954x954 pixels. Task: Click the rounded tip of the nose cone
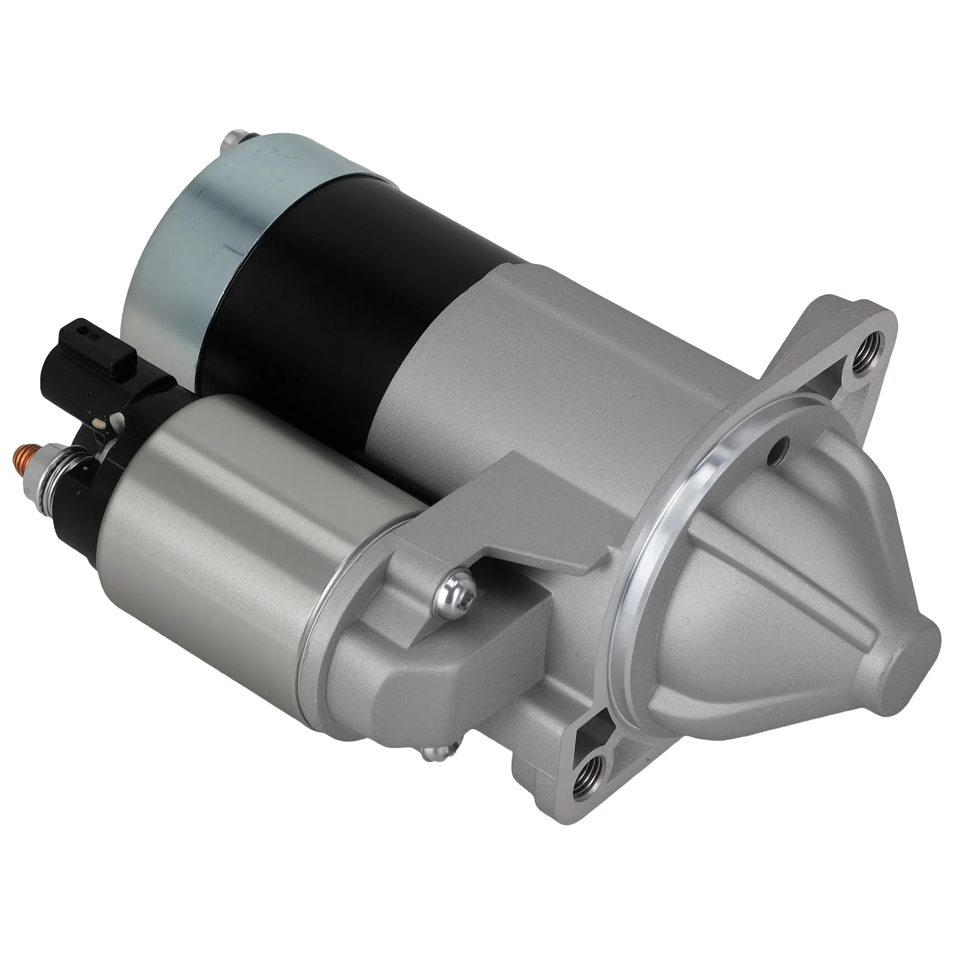[912, 650]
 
